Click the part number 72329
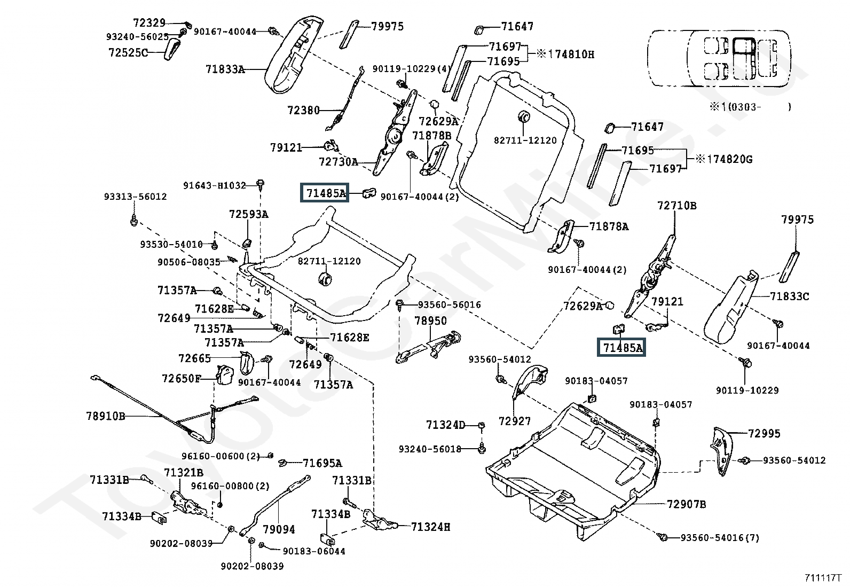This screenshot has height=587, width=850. pyautogui.click(x=149, y=23)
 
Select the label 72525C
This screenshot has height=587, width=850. pyautogui.click(x=128, y=52)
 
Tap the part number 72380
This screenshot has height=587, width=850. pyautogui.click(x=304, y=110)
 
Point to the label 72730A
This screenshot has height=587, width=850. pyautogui.click(x=339, y=162)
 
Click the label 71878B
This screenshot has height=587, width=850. pyautogui.click(x=432, y=136)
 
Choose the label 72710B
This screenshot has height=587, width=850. pyautogui.click(x=677, y=206)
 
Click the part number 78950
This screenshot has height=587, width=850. pyautogui.click(x=431, y=320)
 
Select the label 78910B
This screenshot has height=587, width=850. pyautogui.click(x=106, y=416)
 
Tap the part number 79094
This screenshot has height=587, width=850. pyautogui.click(x=279, y=529)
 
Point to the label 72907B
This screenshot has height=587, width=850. pyautogui.click(x=687, y=504)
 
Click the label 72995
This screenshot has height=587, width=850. pyautogui.click(x=764, y=434)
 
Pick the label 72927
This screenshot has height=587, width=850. pyautogui.click(x=515, y=421)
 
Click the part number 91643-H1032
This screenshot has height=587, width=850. pyautogui.click(x=215, y=185)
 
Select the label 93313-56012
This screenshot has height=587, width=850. pyautogui.click(x=136, y=197)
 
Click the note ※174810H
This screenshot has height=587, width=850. pyautogui.click(x=565, y=54)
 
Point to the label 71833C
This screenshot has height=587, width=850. pyautogui.click(x=790, y=296)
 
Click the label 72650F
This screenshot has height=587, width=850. pyautogui.click(x=182, y=379)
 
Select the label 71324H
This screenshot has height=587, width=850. pyautogui.click(x=431, y=527)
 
